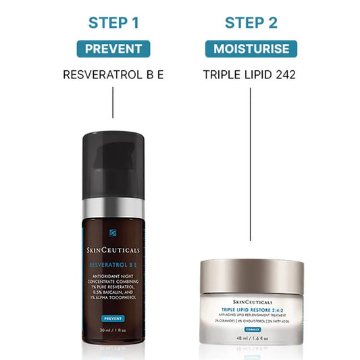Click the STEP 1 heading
click(x=113, y=23)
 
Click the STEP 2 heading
click(x=251, y=23)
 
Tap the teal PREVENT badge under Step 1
click(x=113, y=49)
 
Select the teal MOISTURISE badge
click(x=251, y=49)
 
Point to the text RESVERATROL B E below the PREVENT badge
click(x=113, y=74)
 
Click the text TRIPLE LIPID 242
click(x=250, y=74)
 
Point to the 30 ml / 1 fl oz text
click(x=113, y=331)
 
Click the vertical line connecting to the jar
click(x=251, y=169)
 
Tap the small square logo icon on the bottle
click(x=113, y=240)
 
